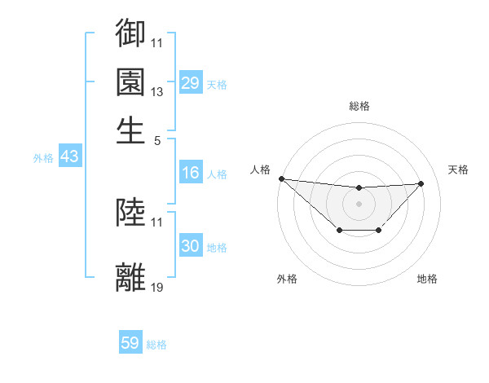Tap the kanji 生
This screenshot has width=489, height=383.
click(x=130, y=130)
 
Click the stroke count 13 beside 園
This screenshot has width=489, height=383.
click(x=157, y=91)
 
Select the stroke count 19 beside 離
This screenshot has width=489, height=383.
click(x=157, y=287)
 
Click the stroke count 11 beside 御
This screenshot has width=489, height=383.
click(x=157, y=42)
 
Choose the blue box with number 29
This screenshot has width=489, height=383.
click(x=190, y=83)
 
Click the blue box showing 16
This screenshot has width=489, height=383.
click(x=190, y=173)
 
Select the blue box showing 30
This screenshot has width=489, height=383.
click(x=190, y=246)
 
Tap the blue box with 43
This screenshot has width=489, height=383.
click(x=69, y=156)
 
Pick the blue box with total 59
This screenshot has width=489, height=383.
click(x=130, y=343)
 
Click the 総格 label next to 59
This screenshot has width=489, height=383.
click(x=156, y=345)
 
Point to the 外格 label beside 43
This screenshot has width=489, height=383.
click(x=43, y=158)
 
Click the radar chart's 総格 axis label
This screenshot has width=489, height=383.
click(x=359, y=106)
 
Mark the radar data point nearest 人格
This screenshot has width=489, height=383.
click(x=281, y=178)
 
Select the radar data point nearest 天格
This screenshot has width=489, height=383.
click(x=421, y=183)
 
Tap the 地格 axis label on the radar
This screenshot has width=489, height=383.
click(x=427, y=279)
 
